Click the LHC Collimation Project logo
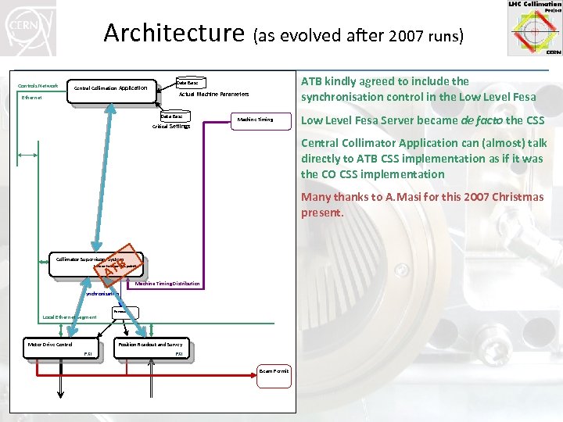click(x=535, y=28)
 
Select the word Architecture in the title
click(x=174, y=34)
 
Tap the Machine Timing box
click(x=255, y=120)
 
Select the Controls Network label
click(x=38, y=85)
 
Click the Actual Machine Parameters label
click(x=213, y=94)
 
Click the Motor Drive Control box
click(x=51, y=345)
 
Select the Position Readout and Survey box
click(x=150, y=345)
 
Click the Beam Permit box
click(x=274, y=370)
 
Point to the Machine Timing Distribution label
click(x=167, y=284)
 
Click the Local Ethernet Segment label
click(x=70, y=318)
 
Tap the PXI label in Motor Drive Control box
click(x=88, y=354)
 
